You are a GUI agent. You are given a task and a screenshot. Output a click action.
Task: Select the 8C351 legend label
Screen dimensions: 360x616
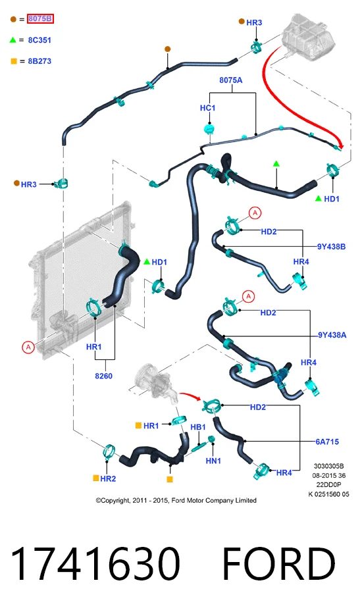[x=39, y=40]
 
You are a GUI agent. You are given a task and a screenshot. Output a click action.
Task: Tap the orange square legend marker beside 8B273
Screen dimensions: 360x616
[x=14, y=61]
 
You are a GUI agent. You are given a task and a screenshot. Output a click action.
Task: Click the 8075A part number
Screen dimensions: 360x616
[x=231, y=80]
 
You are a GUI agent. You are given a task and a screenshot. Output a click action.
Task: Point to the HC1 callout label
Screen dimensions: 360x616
[x=207, y=108]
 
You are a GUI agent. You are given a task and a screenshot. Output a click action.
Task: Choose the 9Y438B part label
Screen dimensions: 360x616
[x=331, y=247]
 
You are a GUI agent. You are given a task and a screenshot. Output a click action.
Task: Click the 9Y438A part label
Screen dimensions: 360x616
[x=332, y=335]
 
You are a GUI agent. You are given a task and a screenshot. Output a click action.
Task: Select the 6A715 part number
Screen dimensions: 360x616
[x=327, y=442]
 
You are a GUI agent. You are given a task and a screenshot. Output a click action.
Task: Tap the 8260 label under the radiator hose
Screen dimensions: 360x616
[x=103, y=376]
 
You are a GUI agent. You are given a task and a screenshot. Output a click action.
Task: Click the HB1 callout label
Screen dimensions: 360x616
[x=198, y=427]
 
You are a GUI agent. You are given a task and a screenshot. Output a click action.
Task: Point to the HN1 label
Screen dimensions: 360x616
[x=213, y=461]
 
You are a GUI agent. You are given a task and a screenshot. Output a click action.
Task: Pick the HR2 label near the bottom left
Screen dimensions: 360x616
[x=108, y=478]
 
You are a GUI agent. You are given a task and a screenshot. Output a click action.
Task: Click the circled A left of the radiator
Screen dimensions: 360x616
[x=28, y=347]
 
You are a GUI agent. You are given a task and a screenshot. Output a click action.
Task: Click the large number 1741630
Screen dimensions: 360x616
[x=95, y=564]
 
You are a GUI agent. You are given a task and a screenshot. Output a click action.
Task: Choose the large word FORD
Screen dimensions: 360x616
[x=278, y=564]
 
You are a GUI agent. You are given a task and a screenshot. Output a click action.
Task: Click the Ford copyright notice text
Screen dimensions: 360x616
[x=176, y=500]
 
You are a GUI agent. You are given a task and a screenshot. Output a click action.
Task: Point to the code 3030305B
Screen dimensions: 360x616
[x=328, y=467]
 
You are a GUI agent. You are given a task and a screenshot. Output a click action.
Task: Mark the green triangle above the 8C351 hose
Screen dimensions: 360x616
[x=276, y=163]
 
